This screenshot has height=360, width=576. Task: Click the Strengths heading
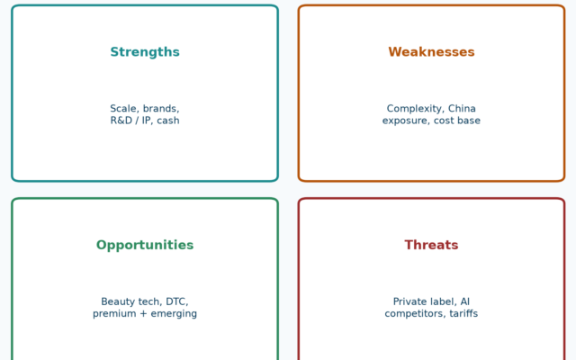point(145,52)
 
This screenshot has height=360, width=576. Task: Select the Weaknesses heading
point(431,52)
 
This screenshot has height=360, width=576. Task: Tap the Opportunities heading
point(145,246)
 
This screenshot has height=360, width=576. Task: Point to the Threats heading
point(431,245)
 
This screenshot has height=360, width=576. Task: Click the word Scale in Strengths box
point(124,109)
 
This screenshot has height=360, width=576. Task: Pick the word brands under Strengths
point(161,109)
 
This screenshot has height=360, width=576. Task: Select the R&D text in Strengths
point(121,121)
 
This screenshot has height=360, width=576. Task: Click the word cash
point(168,121)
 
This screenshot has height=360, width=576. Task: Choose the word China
point(462,109)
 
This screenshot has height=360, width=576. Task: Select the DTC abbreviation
point(177,302)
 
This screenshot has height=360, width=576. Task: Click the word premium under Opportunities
point(114,314)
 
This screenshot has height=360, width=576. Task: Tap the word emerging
point(174,314)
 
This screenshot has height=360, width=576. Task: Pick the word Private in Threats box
point(408,301)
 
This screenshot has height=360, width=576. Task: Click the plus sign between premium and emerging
point(143,314)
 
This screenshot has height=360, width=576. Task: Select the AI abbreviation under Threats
point(465,301)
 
